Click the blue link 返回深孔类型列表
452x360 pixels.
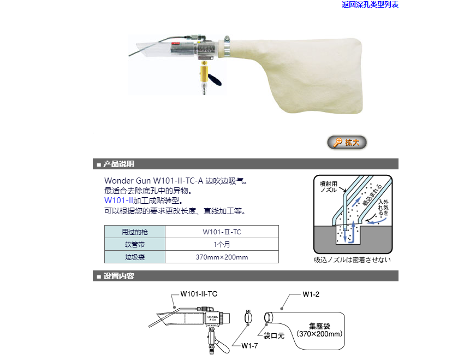coord(370,4)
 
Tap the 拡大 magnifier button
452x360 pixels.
coord(347,143)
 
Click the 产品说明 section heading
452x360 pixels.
coord(118,164)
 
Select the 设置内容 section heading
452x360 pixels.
coord(118,276)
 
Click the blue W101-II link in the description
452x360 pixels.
coord(118,200)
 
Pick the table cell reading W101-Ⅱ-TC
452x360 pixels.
coord(222,232)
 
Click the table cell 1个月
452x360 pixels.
coord(222,245)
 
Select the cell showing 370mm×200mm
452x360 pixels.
coord(222,257)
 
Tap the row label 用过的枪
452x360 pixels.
coord(135,232)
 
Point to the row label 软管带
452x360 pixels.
coord(135,245)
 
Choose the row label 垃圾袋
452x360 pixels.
coord(135,257)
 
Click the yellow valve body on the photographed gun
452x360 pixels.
coord(204,74)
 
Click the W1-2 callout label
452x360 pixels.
coord(311,294)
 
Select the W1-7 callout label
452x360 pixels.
coord(249,346)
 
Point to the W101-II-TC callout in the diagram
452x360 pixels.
coord(199,294)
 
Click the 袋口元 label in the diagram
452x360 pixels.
coord(274,335)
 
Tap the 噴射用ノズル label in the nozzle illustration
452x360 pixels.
coord(329,187)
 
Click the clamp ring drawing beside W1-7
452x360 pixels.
coord(248,317)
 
